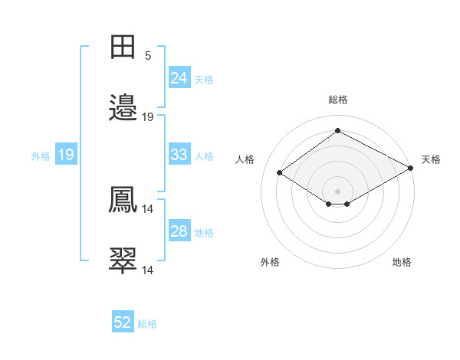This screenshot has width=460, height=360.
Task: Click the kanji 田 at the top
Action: (123, 47)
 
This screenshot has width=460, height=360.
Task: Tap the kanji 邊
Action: (123, 108)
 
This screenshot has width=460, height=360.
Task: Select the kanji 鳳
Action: (123, 200)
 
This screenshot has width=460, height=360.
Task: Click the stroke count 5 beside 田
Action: (148, 55)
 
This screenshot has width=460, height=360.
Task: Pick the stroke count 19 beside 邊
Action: (148, 116)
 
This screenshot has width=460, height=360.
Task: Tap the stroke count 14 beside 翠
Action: (148, 270)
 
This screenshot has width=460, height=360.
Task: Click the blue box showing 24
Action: (179, 78)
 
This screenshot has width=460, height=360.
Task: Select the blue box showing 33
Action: (179, 155)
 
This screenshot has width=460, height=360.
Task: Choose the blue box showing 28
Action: (179, 231)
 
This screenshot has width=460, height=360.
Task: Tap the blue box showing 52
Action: (123, 323)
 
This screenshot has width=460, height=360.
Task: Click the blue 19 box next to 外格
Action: (65, 155)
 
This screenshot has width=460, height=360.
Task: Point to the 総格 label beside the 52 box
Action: (147, 324)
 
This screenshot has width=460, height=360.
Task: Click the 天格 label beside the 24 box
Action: (203, 79)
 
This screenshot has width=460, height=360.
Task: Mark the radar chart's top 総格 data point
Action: (337, 131)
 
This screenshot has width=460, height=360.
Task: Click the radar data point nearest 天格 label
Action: (412, 169)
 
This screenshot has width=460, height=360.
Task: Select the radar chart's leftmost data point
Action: (280, 173)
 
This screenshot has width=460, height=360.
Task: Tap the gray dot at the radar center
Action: (337, 190)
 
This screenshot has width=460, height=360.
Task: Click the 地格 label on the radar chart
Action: (402, 262)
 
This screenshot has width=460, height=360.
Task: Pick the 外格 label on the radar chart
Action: (270, 262)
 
